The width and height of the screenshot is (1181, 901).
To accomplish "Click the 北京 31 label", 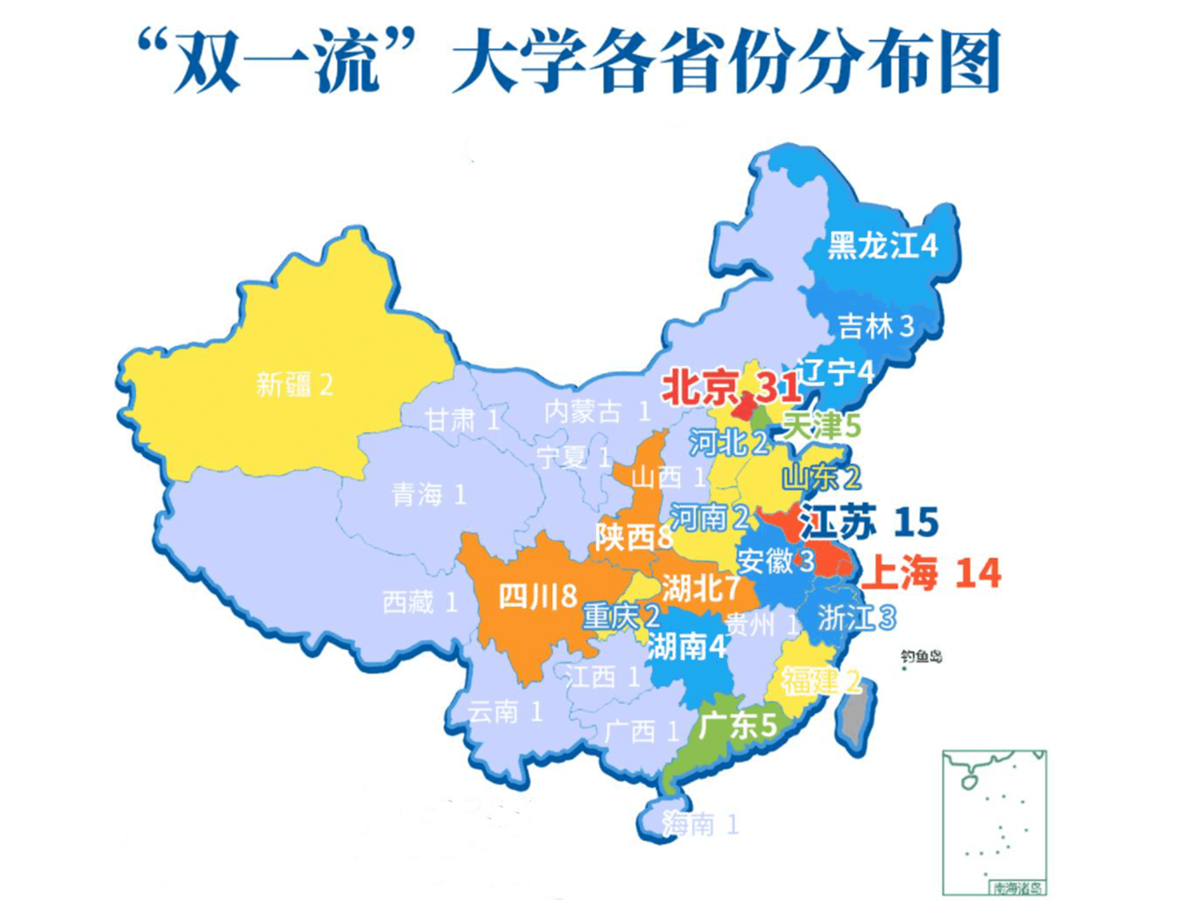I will [x=730, y=387].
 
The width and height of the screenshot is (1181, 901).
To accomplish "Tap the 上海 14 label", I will [x=931, y=573].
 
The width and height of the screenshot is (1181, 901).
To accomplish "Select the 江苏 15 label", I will [x=868, y=522].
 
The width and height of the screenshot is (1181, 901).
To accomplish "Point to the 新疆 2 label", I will [x=294, y=385].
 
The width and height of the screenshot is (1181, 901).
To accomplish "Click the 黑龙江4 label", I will [x=882, y=244].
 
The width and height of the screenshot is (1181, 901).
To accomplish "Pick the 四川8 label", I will [x=537, y=596].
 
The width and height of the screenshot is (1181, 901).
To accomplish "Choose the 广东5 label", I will [x=737, y=725].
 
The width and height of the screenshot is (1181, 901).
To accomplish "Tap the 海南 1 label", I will [x=700, y=825].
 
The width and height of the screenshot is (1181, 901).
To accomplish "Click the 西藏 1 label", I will [x=419, y=602].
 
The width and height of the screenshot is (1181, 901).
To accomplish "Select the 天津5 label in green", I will [x=821, y=426].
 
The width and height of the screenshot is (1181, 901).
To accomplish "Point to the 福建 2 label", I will [x=820, y=682].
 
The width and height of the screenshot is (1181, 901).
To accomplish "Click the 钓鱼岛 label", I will [x=921, y=657].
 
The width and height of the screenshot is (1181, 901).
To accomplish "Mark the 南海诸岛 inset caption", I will [x=1018, y=887].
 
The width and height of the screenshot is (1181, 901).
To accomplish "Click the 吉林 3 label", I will [x=876, y=326].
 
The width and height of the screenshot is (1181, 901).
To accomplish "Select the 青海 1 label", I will [x=429, y=495].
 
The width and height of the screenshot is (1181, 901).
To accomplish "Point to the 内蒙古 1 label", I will [x=597, y=411].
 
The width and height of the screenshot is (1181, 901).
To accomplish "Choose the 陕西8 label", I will [x=634, y=537].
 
